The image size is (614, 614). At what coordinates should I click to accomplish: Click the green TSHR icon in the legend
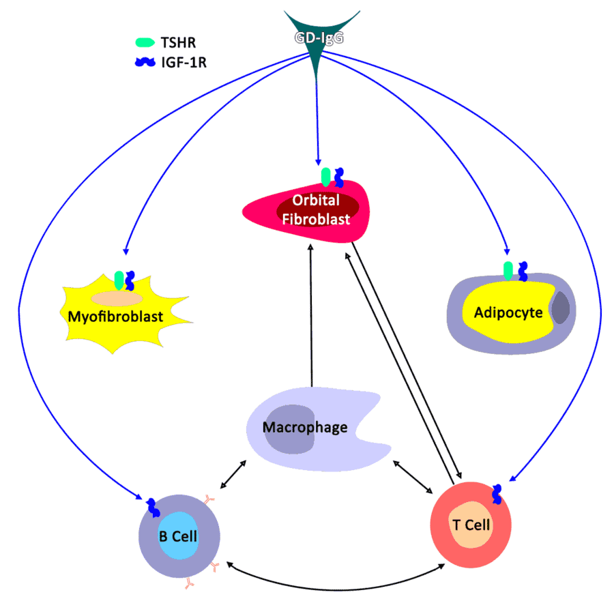click(145, 43)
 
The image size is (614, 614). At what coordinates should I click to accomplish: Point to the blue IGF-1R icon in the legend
click(145, 63)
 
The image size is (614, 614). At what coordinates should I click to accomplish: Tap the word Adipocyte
click(508, 312)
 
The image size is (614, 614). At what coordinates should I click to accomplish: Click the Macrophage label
click(305, 428)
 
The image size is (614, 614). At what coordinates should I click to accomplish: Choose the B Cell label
click(178, 536)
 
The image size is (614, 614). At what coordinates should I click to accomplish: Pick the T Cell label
click(471, 525)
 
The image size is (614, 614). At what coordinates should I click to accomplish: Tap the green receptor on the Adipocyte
click(508, 271)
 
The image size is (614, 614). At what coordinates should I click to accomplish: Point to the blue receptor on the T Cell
click(497, 494)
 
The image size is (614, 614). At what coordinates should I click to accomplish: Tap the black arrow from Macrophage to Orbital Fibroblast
click(311, 314)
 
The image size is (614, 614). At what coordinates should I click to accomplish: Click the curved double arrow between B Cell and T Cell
click(334, 583)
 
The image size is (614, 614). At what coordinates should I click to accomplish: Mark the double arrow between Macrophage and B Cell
click(233, 474)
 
